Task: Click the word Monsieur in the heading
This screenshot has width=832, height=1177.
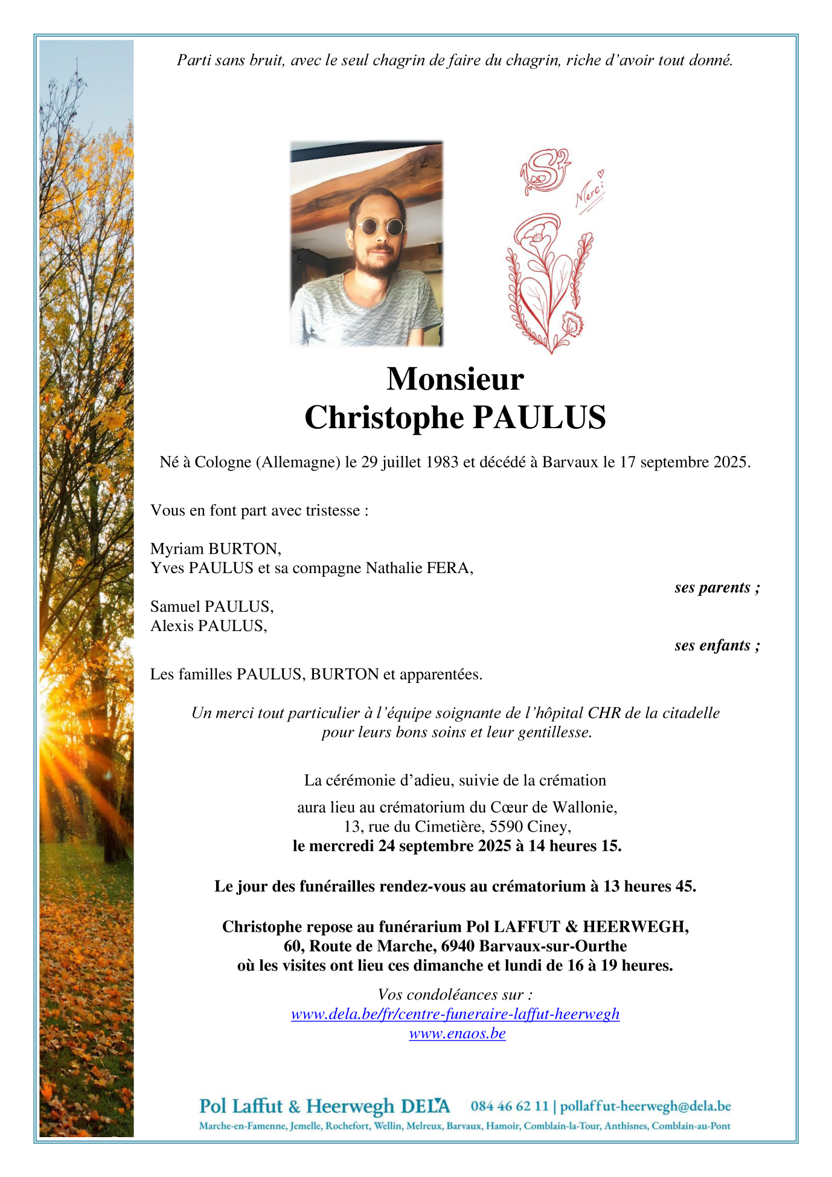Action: pyautogui.click(x=455, y=379)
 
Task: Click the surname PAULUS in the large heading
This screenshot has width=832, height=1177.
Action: pyautogui.click(x=539, y=417)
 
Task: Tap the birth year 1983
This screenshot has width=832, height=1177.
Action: pyautogui.click(x=442, y=462)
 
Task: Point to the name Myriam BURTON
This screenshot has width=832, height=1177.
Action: pyautogui.click(x=215, y=548)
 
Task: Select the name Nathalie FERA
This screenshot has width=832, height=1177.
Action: pyautogui.click(x=419, y=568)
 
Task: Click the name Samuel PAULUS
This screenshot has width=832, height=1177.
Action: pyautogui.click(x=211, y=606)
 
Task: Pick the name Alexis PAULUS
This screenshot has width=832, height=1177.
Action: pyautogui.click(x=208, y=626)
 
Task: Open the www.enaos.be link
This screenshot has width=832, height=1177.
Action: pyautogui.click(x=457, y=1033)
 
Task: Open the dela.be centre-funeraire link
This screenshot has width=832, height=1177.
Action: pyautogui.click(x=455, y=1014)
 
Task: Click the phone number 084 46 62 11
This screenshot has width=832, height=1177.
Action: pyautogui.click(x=510, y=1106)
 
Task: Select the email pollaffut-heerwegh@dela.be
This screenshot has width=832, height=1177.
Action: pyautogui.click(x=645, y=1106)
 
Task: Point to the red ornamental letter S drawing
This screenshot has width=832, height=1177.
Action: pyautogui.click(x=545, y=172)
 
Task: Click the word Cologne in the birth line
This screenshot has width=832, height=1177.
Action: pyautogui.click(x=222, y=462)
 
